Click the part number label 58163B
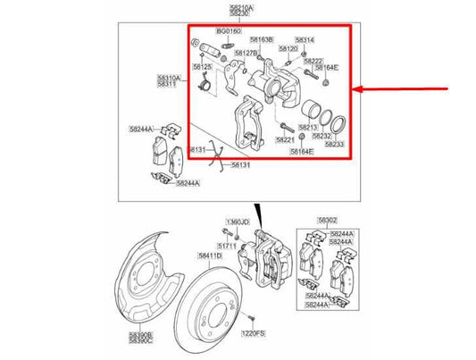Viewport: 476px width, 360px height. click(261, 39)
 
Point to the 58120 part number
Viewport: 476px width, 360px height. click(288, 49)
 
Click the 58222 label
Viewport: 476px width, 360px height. click(313, 61)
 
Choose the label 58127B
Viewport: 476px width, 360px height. click(246, 53)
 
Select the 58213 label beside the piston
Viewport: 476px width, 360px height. click(308, 128)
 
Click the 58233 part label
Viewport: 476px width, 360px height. click(334, 144)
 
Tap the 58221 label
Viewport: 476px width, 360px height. click(286, 140)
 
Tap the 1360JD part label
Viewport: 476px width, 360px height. click(235, 222)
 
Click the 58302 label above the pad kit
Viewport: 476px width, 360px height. click(326, 220)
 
